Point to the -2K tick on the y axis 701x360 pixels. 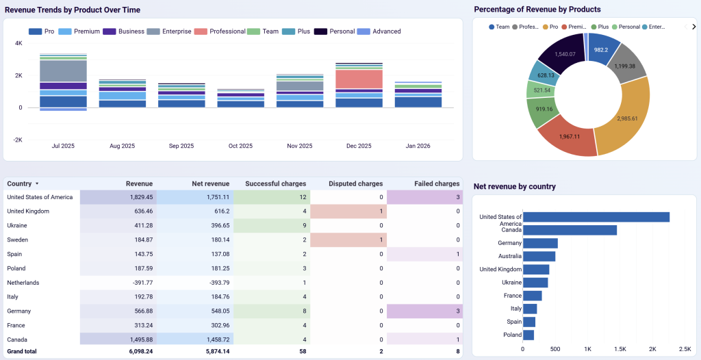(18, 140)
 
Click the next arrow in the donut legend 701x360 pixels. (693, 27)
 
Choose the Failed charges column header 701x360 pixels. (437, 183)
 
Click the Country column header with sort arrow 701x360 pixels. (23, 183)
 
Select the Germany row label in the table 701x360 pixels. (19, 311)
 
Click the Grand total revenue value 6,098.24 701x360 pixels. (136, 352)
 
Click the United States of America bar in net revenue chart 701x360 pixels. (596, 217)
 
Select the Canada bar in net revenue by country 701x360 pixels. (570, 230)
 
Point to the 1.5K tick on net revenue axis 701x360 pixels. (620, 348)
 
